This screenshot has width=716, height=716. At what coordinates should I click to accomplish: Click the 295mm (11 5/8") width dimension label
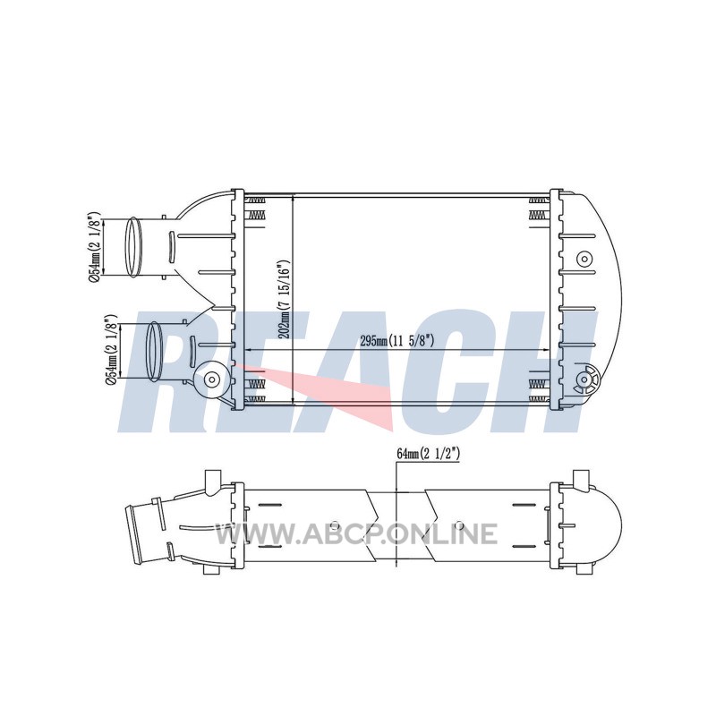(x=396, y=341)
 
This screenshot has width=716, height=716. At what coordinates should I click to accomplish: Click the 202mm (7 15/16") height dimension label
(x=285, y=300)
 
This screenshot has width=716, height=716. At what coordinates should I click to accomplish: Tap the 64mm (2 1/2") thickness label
(x=428, y=454)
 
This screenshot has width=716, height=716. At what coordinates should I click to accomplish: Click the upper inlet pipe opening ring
(x=133, y=247)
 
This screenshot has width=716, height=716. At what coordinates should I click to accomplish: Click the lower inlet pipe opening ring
(x=154, y=351)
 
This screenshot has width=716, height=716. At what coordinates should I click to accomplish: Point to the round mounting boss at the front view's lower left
(x=211, y=379)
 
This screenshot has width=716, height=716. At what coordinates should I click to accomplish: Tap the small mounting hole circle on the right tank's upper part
(x=584, y=260)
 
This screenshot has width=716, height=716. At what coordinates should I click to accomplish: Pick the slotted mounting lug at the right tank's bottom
(x=586, y=379)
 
